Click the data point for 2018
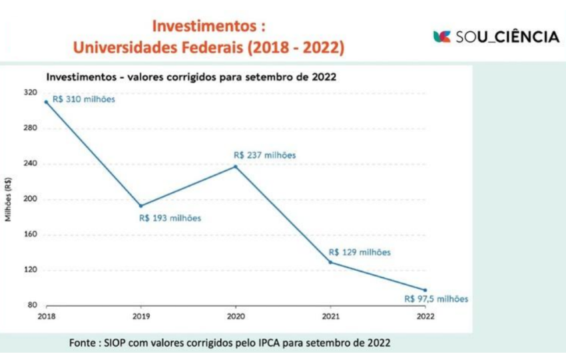click(46, 102)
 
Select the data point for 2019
click(141, 206)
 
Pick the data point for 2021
click(330, 262)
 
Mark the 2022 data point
click(425, 290)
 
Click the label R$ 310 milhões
click(83, 100)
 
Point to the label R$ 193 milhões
click(170, 218)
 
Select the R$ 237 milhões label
click(264, 155)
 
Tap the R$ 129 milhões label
click(360, 252)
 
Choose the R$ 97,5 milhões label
click(436, 299)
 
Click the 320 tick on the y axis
click(31, 92)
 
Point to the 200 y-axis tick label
click(31, 199)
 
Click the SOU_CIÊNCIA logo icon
click(441, 37)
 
